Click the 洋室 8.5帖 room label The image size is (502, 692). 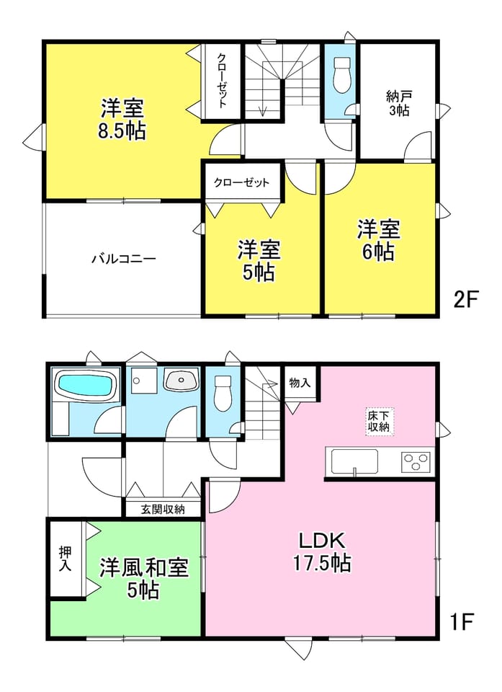[122, 120]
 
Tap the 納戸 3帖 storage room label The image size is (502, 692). [399, 103]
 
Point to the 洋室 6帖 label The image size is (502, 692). [379, 241]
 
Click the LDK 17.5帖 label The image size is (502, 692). [322, 551]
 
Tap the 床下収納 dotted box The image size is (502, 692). [380, 422]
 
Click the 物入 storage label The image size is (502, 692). [300, 382]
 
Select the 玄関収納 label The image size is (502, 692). [163, 510]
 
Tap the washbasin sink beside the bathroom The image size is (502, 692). [181, 380]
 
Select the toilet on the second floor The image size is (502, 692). [341, 74]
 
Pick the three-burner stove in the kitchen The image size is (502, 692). [415, 463]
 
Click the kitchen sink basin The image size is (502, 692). [354, 462]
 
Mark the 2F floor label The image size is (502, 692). [466, 300]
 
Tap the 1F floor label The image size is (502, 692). [462, 622]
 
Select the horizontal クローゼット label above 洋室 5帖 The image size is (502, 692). [241, 182]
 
